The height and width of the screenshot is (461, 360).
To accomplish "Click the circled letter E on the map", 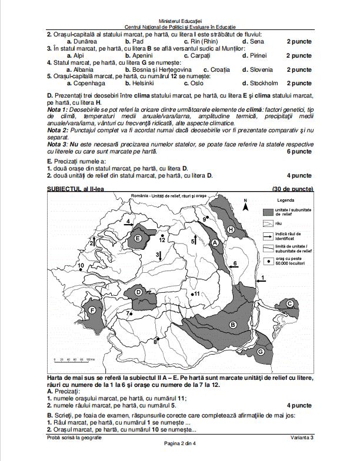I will tap(139, 238).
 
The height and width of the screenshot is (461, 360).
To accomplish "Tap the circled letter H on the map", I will tap(231, 229).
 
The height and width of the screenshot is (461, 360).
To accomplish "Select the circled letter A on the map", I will tap(215, 242).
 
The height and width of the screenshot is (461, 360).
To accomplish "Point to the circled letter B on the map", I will tap(232, 325).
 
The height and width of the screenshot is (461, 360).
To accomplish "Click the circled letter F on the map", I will tap(92, 309).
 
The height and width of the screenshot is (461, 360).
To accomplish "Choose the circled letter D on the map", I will tap(138, 292).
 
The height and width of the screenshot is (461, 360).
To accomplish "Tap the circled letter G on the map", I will tap(260, 351).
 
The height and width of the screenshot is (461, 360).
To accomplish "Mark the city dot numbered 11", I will tap(191, 293).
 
